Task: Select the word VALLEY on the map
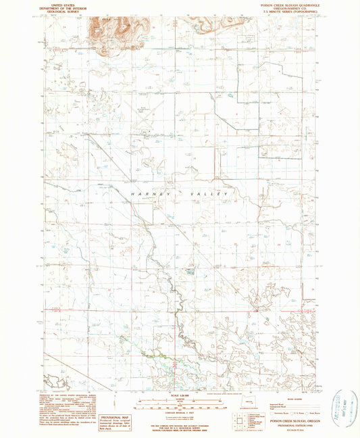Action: [x=210, y=195]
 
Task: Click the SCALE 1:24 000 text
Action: [x=180, y=395]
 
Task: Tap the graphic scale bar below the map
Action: [x=180, y=405]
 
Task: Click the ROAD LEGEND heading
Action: [x=280, y=397]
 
